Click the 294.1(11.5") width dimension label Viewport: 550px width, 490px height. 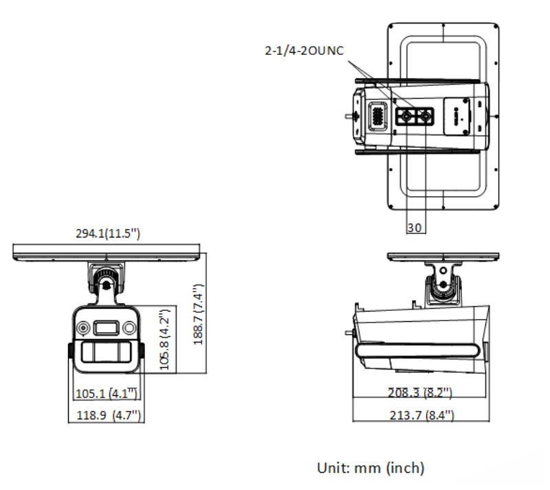tap(108, 234)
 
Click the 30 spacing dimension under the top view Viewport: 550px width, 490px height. tap(415, 228)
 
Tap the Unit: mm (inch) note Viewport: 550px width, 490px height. tap(371, 468)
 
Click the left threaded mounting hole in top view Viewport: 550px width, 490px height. tap(406, 119)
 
